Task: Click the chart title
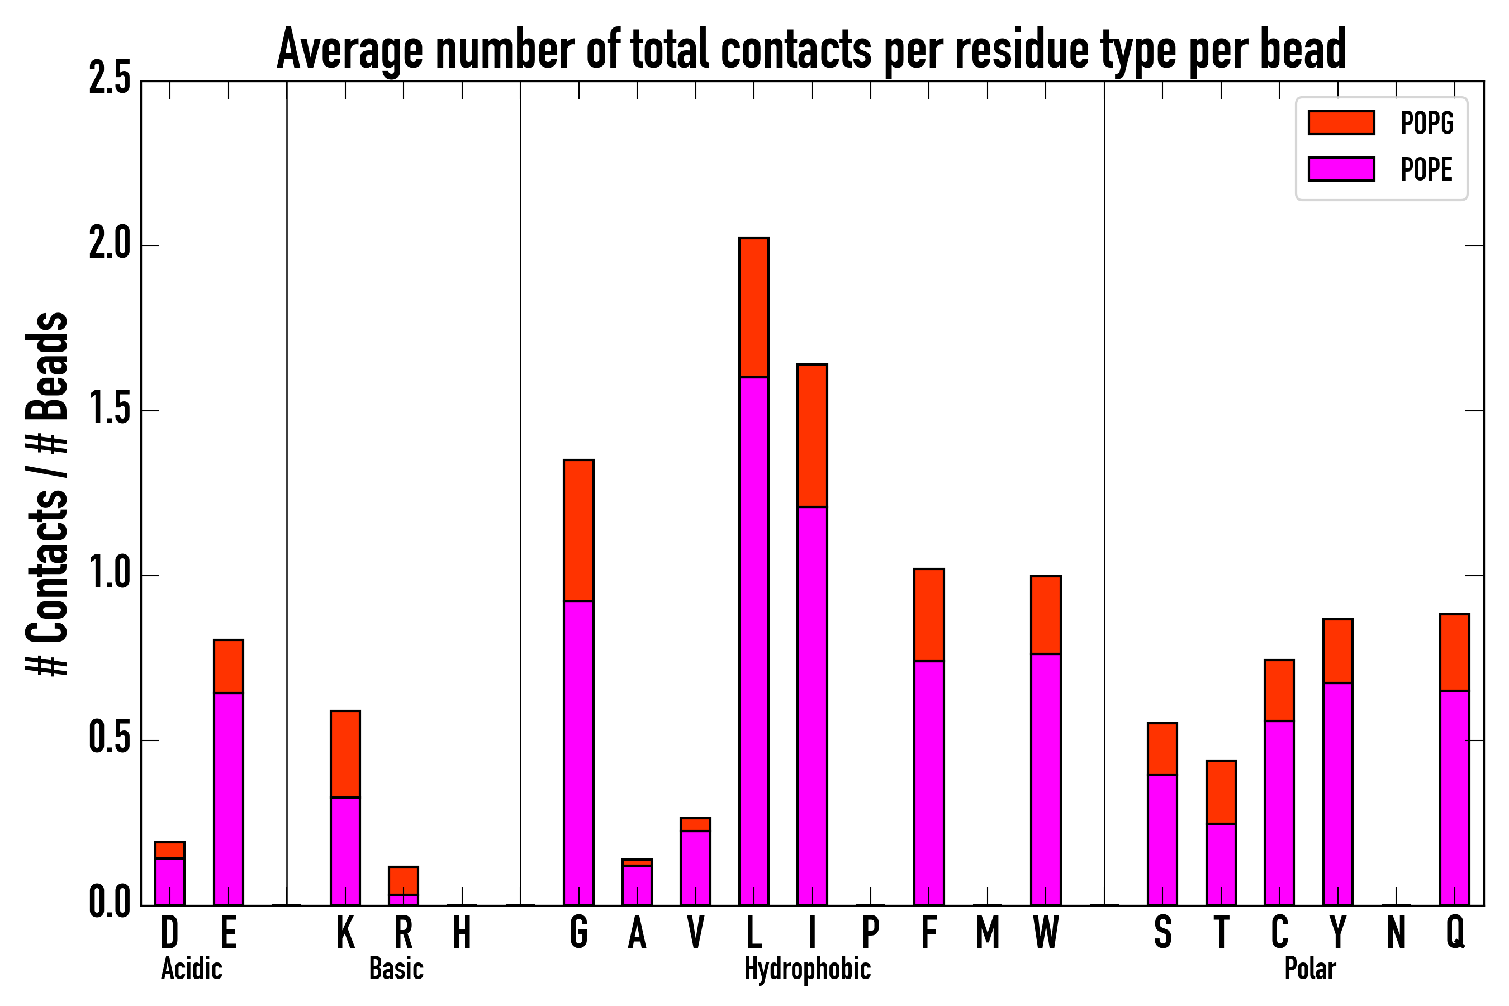coord(811,50)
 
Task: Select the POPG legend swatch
coord(1341,122)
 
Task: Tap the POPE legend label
coord(1426,169)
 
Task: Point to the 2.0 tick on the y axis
coord(110,246)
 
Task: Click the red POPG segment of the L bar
coord(754,307)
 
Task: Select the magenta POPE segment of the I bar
coord(812,706)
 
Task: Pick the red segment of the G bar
coord(578,530)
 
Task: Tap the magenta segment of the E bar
coord(229,799)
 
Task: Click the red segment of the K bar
coord(345,754)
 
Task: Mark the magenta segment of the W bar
coord(1046,780)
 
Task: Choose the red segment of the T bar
coord(1221,793)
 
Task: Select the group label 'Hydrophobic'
coord(807,969)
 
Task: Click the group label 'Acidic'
coord(191,969)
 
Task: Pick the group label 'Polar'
coord(1310,969)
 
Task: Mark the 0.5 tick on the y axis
coord(110,740)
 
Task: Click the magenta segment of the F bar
coord(929,783)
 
